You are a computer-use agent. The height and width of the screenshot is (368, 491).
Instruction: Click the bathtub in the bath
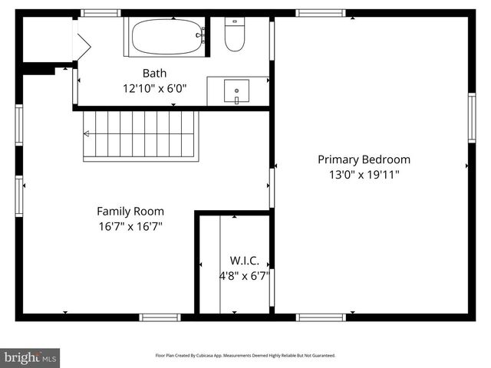[x=167, y=35]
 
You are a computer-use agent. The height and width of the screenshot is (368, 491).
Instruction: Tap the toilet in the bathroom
[x=235, y=35]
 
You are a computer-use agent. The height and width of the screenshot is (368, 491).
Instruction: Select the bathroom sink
[x=236, y=91]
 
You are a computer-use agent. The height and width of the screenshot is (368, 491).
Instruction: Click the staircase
[x=140, y=135]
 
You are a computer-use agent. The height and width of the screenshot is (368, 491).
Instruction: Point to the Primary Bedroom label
[x=364, y=159]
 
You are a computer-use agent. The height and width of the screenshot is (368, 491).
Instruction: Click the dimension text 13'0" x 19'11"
[x=364, y=174]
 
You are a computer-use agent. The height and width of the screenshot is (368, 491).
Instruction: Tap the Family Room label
[x=130, y=211]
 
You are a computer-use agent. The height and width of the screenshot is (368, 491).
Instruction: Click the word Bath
[x=153, y=73]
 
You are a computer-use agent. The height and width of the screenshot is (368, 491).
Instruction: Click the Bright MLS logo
[x=30, y=357]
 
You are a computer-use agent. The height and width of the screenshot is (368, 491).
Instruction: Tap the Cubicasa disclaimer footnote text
[x=245, y=356]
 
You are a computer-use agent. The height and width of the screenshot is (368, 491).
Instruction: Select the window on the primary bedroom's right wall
[x=472, y=118]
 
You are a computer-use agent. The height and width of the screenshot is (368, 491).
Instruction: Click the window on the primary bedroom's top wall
[x=321, y=13]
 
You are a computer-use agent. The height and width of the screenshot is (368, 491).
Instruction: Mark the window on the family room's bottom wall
[x=160, y=317]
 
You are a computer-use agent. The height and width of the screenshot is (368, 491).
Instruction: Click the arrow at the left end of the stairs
[x=87, y=133]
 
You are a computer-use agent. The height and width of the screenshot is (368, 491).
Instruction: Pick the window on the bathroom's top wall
[x=101, y=13]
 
